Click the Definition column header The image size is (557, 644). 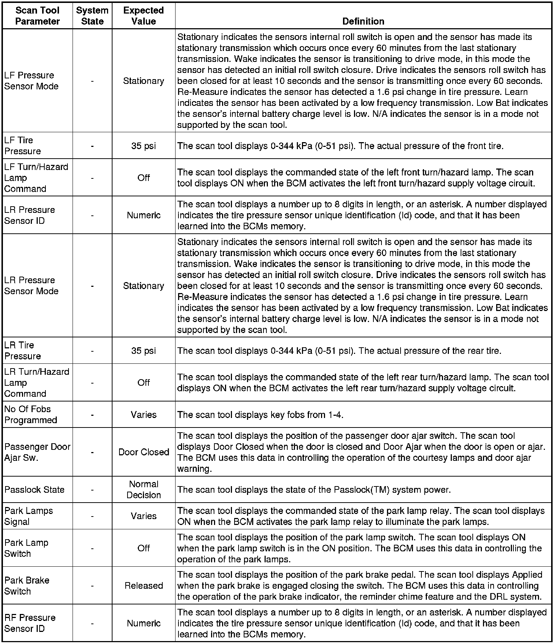(363, 21)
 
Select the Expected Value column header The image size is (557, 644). (143, 16)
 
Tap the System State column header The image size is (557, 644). (92, 16)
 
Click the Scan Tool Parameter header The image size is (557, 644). (37, 16)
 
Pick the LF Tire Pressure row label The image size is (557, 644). (22, 145)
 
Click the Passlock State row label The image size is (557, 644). (34, 489)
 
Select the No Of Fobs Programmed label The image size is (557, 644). (31, 414)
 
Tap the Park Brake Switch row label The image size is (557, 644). (27, 585)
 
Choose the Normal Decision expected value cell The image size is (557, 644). (144, 489)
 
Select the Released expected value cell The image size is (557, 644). (144, 585)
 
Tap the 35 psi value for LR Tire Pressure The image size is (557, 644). (144, 351)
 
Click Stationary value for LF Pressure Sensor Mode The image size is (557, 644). (144, 81)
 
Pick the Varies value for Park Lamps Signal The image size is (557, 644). (144, 516)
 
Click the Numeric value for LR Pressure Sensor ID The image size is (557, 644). (144, 215)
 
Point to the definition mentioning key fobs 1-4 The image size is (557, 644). (260, 415)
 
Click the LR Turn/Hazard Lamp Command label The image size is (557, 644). (37, 382)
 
